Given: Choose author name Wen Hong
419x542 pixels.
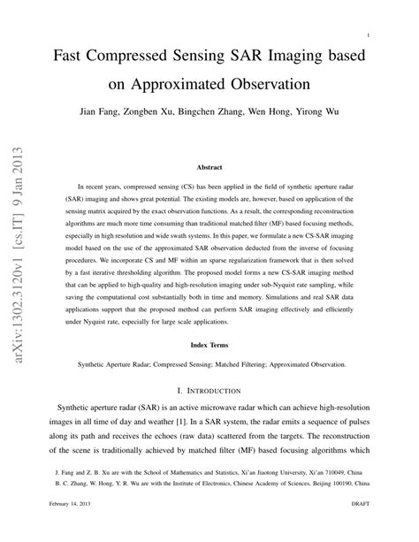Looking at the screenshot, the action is pos(287,114).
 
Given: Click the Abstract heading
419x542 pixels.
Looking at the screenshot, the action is pos(209,166).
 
